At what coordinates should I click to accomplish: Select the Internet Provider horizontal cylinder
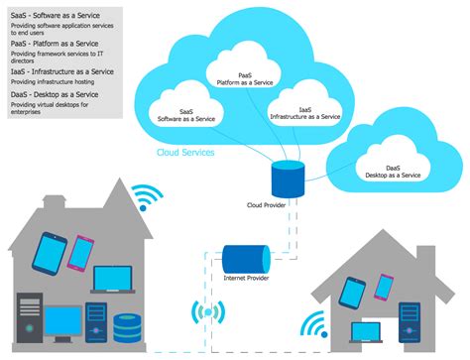click(x=245, y=261)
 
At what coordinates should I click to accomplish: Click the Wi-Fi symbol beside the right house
click(x=313, y=325)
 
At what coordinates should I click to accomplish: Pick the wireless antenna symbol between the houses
click(x=207, y=314)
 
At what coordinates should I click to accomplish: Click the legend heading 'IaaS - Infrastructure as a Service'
click(x=61, y=71)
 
